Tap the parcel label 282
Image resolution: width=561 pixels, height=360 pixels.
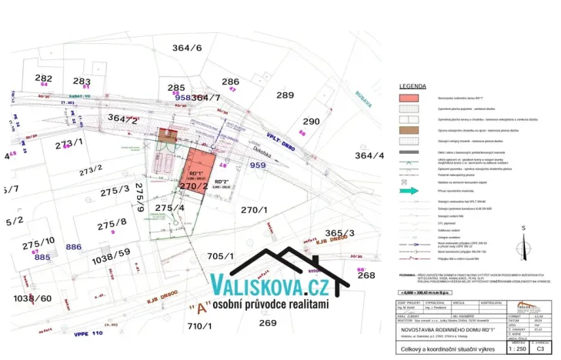44,78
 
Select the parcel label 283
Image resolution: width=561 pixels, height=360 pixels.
82,81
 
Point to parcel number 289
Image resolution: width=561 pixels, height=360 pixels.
285,95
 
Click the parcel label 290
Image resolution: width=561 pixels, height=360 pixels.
311,122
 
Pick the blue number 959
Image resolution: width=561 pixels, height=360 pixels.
258,165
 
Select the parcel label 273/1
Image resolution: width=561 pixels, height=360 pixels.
68,143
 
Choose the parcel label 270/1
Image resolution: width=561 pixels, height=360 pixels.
254,209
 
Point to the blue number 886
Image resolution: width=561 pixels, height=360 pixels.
74,247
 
